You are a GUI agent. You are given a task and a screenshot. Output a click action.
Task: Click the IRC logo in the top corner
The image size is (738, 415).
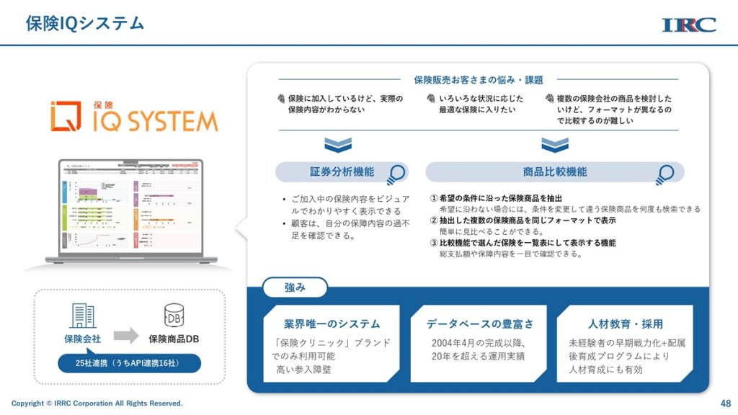(688, 24)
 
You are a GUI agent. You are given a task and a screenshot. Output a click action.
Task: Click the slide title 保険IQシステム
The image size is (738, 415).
(85, 23)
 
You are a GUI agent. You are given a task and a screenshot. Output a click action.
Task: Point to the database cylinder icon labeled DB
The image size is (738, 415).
(174, 315)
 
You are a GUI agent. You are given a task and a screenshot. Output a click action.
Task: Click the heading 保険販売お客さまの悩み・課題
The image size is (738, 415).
(478, 80)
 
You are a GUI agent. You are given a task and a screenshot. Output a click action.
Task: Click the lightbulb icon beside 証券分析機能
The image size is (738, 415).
(396, 174)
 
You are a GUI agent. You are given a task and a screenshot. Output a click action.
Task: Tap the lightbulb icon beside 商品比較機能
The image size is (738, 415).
(664, 174)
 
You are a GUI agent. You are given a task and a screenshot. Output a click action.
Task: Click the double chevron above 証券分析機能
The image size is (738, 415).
(337, 145)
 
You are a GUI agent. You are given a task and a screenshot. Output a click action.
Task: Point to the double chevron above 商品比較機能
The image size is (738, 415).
(554, 145)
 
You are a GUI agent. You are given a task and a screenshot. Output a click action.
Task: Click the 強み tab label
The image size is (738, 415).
(295, 287)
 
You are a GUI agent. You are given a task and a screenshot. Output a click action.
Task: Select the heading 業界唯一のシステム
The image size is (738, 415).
(332, 323)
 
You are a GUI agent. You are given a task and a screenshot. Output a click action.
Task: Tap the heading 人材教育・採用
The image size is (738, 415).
(625, 323)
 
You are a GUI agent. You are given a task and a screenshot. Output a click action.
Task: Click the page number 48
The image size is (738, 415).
(725, 403)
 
